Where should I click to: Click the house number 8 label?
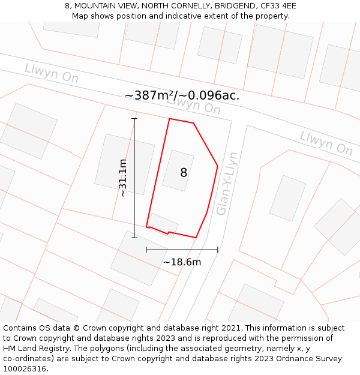(x=184, y=173)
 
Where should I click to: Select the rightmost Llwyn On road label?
(x=326, y=143)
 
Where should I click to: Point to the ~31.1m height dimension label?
(x=122, y=178)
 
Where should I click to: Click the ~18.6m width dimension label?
(x=182, y=262)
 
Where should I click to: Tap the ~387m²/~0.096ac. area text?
(x=182, y=95)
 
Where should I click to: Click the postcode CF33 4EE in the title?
(x=278, y=6)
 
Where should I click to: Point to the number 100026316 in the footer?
(x=25, y=369)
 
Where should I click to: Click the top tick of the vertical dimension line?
(x=134, y=119)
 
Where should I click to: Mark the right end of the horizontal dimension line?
(x=218, y=250)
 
